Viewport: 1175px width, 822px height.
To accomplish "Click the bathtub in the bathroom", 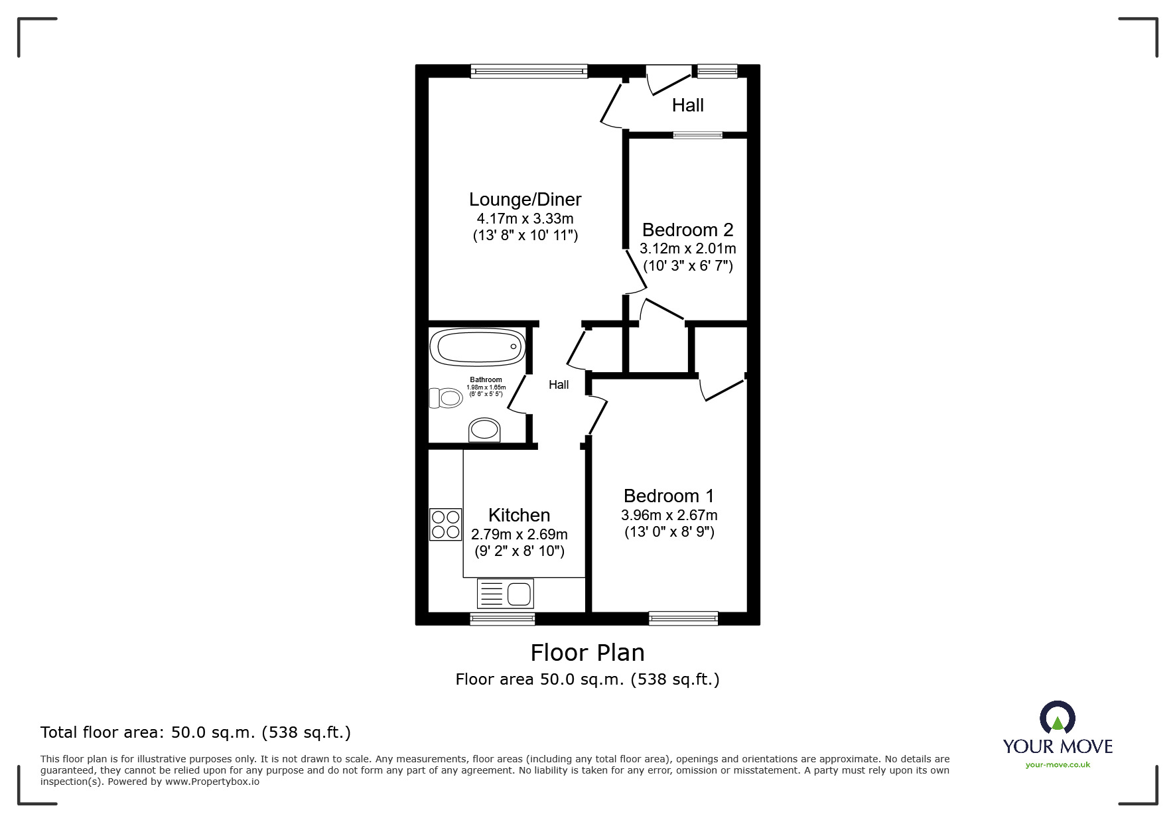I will [x=477, y=348].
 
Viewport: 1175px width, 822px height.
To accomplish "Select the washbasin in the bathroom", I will [x=485, y=431].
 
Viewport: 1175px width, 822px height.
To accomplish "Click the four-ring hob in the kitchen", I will [x=445, y=524].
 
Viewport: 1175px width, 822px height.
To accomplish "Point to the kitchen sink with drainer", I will [x=505, y=593].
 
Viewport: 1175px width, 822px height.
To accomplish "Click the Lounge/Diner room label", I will [x=525, y=199].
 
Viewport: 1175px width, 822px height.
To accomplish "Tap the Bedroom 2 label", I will [x=687, y=230].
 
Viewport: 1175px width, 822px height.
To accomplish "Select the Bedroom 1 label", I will [x=669, y=496].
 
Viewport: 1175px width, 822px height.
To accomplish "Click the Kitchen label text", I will [x=519, y=515].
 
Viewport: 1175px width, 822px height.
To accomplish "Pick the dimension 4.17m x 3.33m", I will [x=525, y=218].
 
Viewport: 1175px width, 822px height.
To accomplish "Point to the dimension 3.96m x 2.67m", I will [x=669, y=515].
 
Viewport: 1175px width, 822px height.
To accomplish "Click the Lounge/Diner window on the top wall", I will [x=529, y=70].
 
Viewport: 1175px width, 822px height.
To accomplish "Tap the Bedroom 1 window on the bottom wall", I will [x=683, y=618].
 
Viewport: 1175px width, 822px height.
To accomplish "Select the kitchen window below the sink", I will [x=502, y=618].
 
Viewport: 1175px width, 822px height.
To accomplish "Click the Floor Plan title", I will [x=587, y=653].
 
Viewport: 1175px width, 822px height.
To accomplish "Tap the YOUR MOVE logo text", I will [x=1058, y=746].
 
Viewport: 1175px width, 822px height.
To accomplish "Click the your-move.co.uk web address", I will [x=1058, y=765].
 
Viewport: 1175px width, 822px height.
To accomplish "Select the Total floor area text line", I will [x=196, y=732].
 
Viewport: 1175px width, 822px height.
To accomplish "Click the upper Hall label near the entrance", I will [x=687, y=105].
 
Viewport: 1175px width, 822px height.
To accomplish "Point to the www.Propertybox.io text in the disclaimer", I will [x=212, y=782].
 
